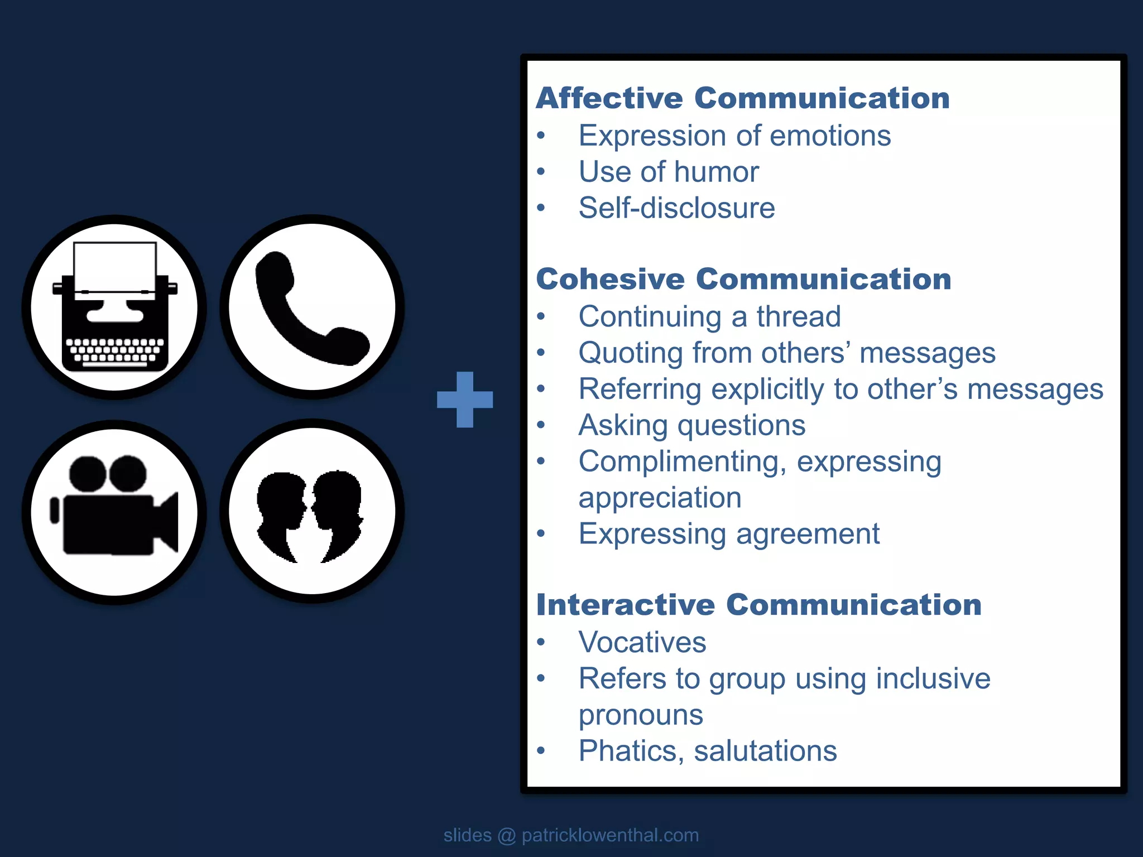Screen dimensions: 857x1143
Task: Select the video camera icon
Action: pyautogui.click(x=114, y=511)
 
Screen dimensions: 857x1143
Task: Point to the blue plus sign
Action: pyautogui.click(x=465, y=399)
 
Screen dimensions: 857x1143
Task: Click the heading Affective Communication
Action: pyautogui.click(x=743, y=98)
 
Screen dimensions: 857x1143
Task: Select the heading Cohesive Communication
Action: pyautogui.click(x=743, y=279)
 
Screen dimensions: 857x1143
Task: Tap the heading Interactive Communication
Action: pyautogui.click(x=758, y=605)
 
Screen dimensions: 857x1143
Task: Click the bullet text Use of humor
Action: pyautogui.click(x=669, y=172)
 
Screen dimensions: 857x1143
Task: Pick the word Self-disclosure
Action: pyautogui.click(x=676, y=208)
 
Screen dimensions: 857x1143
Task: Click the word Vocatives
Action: pyautogui.click(x=642, y=642)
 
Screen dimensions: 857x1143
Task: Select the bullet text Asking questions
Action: pyautogui.click(x=692, y=425)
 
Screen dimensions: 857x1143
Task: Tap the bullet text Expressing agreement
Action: pyautogui.click(x=729, y=534)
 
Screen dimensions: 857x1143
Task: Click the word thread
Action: pyautogui.click(x=799, y=317)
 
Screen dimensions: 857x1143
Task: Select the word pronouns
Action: pyautogui.click(x=641, y=715)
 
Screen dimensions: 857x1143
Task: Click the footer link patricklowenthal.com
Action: pyautogui.click(x=610, y=835)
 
